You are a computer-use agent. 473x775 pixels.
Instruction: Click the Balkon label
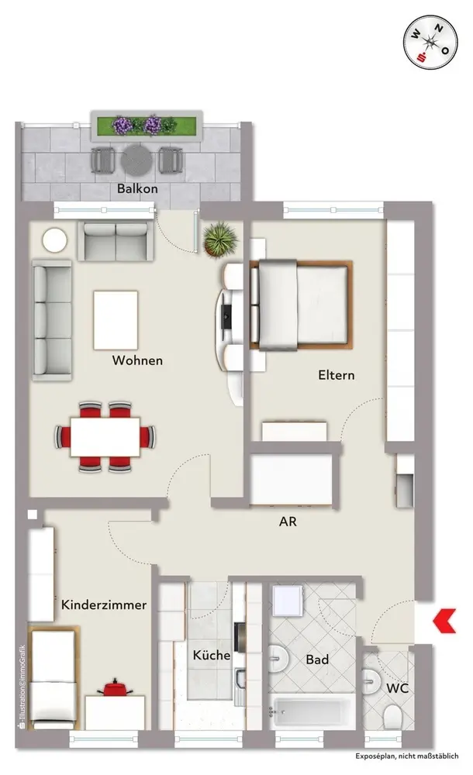[137, 188]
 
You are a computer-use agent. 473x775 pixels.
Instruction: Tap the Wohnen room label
[137, 360]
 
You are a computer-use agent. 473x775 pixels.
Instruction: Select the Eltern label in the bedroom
[336, 375]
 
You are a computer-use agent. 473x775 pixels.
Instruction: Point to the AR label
[288, 522]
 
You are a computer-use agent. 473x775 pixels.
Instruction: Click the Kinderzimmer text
[104, 604]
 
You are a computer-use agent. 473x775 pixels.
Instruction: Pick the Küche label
[211, 655]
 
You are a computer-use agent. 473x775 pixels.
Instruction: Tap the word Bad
[317, 660]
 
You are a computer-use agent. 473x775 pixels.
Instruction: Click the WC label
[397, 688]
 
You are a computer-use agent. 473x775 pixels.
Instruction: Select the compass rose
[430, 43]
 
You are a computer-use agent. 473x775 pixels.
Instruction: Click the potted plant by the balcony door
[220, 239]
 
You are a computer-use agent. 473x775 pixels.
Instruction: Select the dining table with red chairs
[105, 437]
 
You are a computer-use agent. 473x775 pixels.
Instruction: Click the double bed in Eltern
[301, 305]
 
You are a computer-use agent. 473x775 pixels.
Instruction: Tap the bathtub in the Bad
[312, 712]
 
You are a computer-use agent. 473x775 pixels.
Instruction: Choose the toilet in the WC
[393, 716]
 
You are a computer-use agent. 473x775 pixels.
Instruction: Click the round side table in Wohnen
[54, 241]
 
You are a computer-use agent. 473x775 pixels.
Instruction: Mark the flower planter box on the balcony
[147, 126]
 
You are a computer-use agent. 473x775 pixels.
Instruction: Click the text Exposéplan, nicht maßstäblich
[406, 756]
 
